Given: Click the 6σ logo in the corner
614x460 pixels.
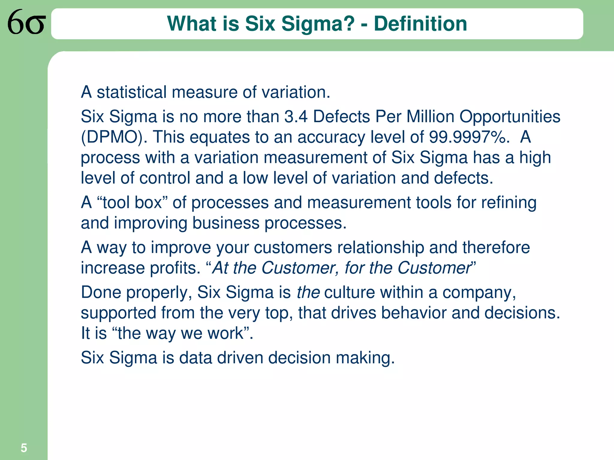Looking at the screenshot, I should [x=26, y=22].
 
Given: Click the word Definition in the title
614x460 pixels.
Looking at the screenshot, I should [x=420, y=24].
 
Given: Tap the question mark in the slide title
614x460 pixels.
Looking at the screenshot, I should [x=349, y=24].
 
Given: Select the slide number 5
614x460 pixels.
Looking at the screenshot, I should [x=24, y=448].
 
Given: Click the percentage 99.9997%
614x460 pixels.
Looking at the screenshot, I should [x=469, y=137].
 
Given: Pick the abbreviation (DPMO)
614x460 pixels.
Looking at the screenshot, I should [x=114, y=137].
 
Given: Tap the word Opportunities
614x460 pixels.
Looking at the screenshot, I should [x=510, y=117].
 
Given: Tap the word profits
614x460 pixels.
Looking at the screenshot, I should [x=175, y=268].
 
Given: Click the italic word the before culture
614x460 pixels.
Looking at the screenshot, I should [x=308, y=292].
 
